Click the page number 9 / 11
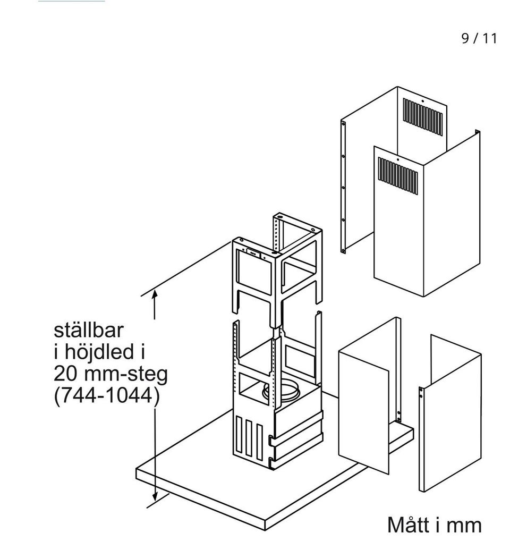479,39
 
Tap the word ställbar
88,331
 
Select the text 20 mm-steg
110,375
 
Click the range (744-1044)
106,397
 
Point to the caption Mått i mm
434,525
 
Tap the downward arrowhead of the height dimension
155,497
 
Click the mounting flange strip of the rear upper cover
343,186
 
